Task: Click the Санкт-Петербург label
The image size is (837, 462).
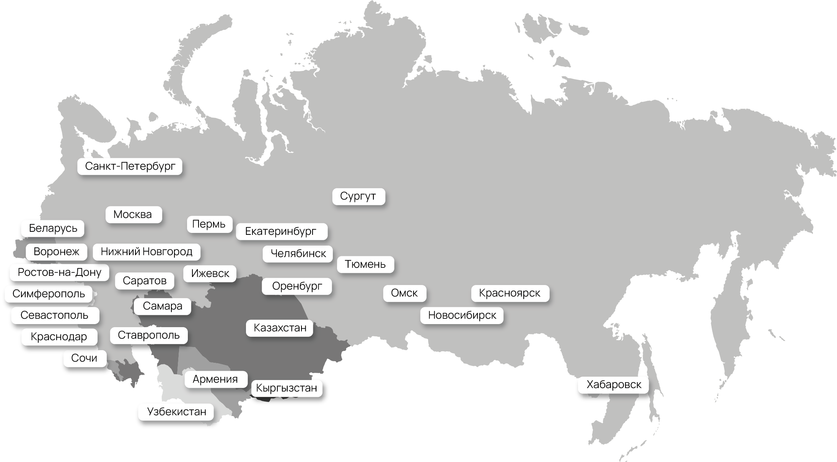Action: click(130, 166)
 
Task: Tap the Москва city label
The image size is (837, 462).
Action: click(133, 215)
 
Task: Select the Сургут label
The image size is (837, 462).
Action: click(358, 196)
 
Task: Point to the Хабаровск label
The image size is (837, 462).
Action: click(614, 385)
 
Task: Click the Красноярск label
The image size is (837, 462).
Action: click(510, 293)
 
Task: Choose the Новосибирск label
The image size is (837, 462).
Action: click(462, 315)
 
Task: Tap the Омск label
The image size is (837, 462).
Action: click(404, 293)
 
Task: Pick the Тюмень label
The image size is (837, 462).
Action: click(365, 264)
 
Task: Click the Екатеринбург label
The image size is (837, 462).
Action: click(281, 231)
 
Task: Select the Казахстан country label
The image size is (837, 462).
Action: click(280, 328)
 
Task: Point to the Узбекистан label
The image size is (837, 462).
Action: click(176, 412)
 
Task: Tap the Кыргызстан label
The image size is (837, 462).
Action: click(287, 388)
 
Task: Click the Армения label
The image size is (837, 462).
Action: click(215, 379)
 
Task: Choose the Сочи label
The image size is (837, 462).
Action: click(85, 358)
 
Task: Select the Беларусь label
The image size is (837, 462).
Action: click(53, 228)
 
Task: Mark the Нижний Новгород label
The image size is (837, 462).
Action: click(147, 252)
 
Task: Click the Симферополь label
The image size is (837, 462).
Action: click(49, 294)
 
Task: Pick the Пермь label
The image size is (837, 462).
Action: click(209, 224)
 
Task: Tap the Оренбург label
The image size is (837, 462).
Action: click(297, 286)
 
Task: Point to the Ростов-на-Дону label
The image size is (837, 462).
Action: click(59, 272)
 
